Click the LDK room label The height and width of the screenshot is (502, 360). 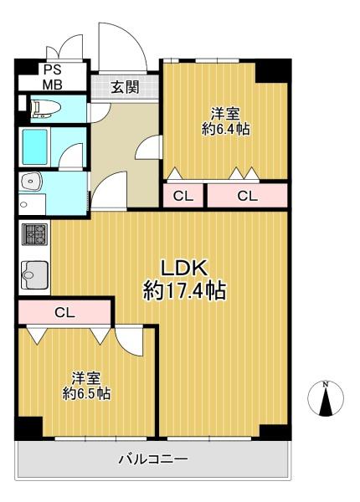pos(184,268)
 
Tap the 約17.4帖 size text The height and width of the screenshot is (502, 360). pos(184,290)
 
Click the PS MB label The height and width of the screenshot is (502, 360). pos(53,77)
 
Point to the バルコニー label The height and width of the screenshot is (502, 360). pos(153,459)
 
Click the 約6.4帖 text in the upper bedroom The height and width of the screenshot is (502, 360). pos(225,129)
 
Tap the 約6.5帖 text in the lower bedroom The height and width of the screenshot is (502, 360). pos(86,393)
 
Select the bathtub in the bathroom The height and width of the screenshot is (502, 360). pos(34,146)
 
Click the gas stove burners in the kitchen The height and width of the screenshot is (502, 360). pos(34,234)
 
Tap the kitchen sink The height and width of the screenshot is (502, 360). pos(34,275)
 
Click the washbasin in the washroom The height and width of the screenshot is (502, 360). pos(30,182)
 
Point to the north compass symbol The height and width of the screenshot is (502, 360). pos(326,398)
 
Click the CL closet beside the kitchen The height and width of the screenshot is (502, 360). pos(64,312)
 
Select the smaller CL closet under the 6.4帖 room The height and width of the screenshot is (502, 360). pos(183,196)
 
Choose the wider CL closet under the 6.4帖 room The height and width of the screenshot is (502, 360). pos(247,196)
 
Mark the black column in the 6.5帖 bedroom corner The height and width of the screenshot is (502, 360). pos(28,428)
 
